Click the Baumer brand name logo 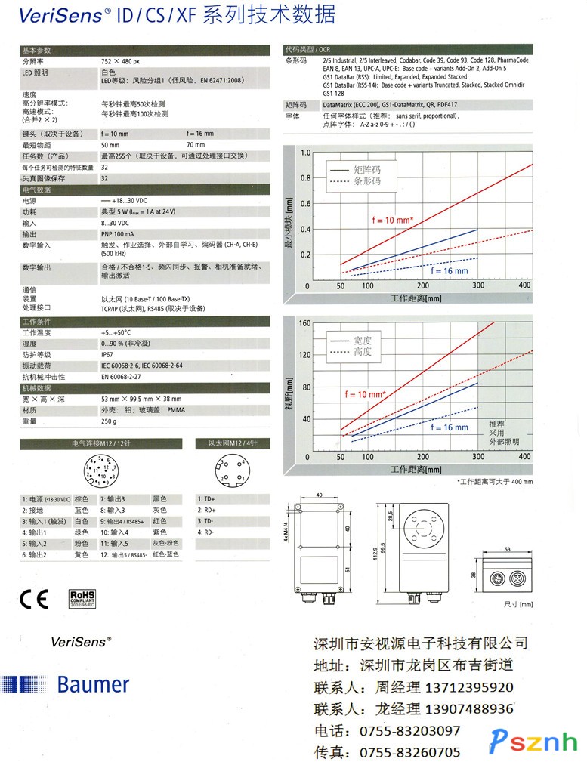[93, 684]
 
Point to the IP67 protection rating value [107, 354]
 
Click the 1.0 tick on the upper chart [305, 153]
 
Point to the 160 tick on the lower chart [304, 323]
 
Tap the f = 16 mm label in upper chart [449, 270]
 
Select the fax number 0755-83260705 [409, 752]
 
